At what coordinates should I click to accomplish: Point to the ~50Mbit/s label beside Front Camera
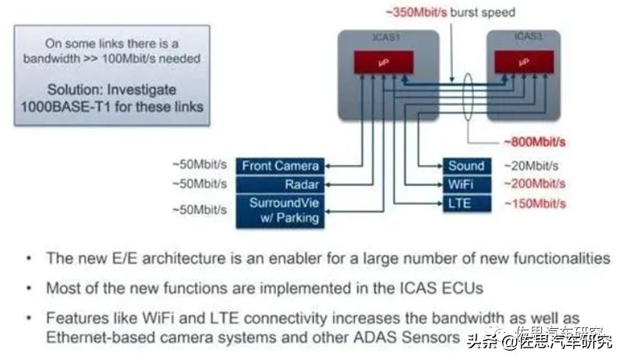point(199,166)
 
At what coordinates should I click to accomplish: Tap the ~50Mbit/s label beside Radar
point(199,185)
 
